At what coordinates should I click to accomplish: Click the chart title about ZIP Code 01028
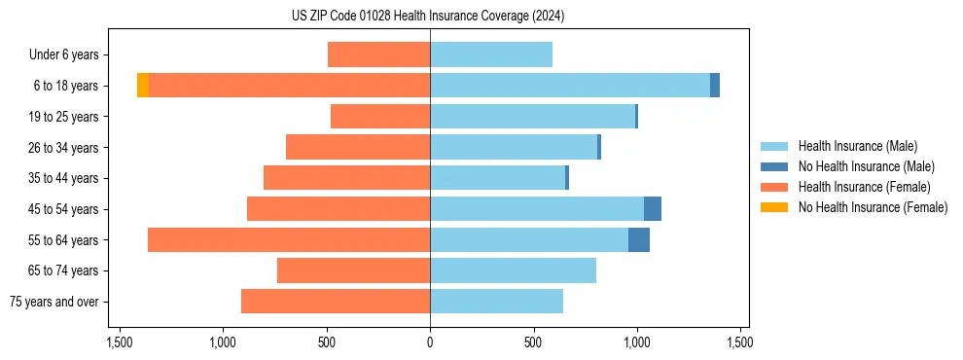[428, 16]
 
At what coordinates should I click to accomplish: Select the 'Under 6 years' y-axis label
[69, 55]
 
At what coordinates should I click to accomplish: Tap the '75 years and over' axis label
[54, 302]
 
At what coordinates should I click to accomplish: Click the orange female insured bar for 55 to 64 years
[289, 240]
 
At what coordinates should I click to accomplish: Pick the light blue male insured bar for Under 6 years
[491, 55]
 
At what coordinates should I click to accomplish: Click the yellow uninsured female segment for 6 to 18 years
[143, 86]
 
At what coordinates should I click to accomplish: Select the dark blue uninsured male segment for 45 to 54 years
[653, 209]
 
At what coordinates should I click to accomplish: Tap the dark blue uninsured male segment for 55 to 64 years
[639, 240]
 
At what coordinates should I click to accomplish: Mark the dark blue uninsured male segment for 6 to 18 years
[715, 86]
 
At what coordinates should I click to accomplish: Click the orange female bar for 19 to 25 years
[380, 117]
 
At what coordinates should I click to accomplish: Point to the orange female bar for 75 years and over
[336, 302]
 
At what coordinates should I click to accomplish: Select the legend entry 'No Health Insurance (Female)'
[873, 207]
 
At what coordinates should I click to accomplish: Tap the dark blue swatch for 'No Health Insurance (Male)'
[775, 166]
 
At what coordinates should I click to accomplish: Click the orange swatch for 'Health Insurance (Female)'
[775, 187]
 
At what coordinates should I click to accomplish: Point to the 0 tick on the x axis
[430, 342]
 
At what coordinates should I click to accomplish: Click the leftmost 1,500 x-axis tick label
[120, 342]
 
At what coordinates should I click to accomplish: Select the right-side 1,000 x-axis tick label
[636, 342]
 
